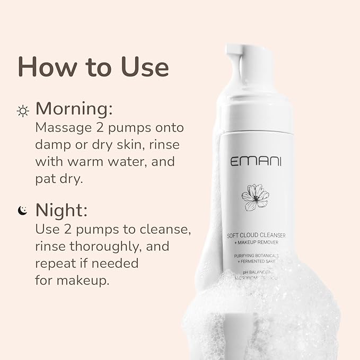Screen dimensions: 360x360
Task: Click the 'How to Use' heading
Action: [x=93, y=67]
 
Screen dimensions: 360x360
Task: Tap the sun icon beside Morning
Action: [x=23, y=111]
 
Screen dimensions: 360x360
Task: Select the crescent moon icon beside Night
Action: [x=22, y=211]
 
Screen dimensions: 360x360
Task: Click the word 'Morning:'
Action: [x=74, y=109]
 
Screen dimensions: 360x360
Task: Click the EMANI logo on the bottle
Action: [x=256, y=162]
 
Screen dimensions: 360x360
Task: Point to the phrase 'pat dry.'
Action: [x=59, y=178]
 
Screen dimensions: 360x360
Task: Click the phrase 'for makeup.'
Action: [x=72, y=279]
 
